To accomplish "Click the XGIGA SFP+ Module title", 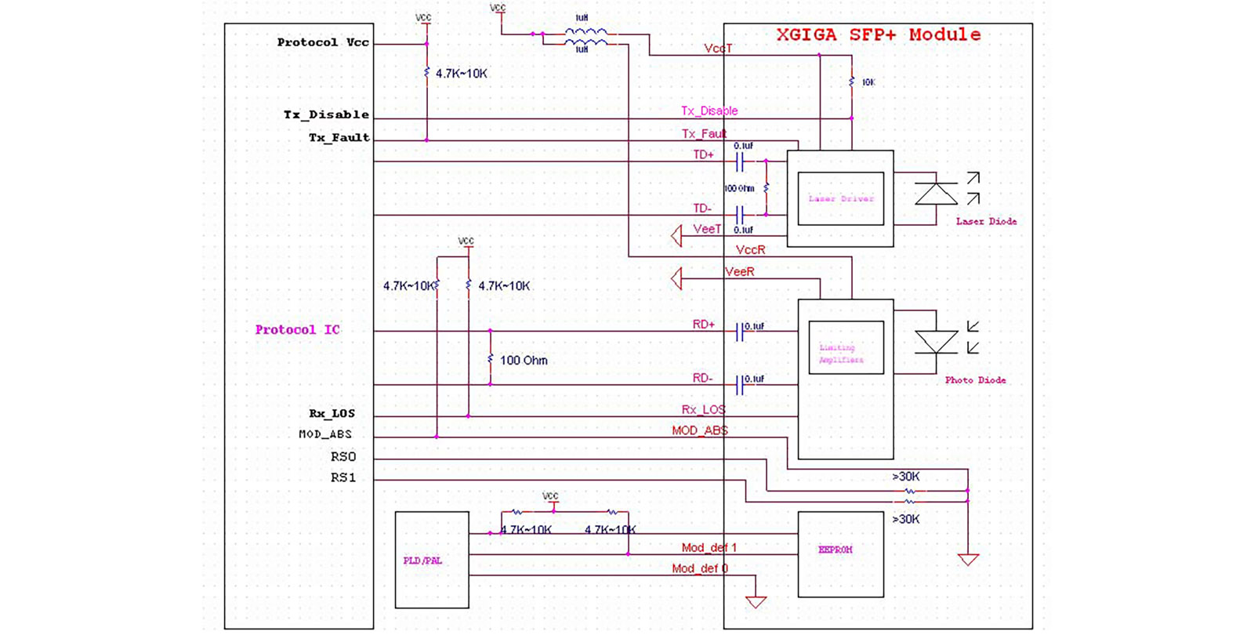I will [x=878, y=35].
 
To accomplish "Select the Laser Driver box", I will [x=840, y=199].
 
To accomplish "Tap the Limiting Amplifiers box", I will [x=845, y=348].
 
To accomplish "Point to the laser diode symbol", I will [x=936, y=194].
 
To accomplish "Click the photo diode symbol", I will [x=936, y=342].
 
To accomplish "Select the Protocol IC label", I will [x=297, y=330].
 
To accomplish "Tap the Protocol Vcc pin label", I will [x=323, y=42].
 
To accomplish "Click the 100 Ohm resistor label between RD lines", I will [x=523, y=361].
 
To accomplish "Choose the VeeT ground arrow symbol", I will [x=676, y=236].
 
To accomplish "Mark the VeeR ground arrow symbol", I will [x=676, y=278].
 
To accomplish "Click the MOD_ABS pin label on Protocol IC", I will [x=325, y=434].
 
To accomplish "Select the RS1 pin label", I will [x=342, y=477].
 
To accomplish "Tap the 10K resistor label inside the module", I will [x=868, y=82].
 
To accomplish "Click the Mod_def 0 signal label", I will [x=699, y=568].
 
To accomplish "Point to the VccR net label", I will [x=750, y=250].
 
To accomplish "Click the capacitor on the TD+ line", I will [x=738, y=162].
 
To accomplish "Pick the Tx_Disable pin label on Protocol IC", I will [x=326, y=114].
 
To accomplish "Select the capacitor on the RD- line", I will [x=738, y=384].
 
